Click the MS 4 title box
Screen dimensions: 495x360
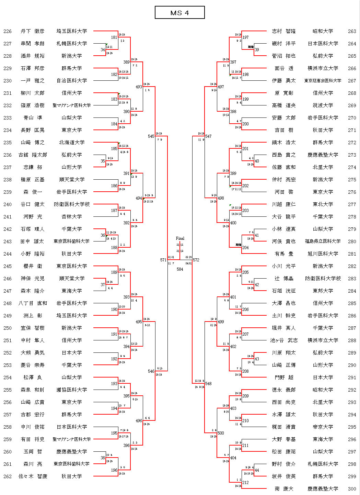click(x=179, y=13)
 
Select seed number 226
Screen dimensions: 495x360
click(x=8, y=31)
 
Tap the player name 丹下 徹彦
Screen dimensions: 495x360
click(x=32, y=31)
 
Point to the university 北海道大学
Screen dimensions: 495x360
click(x=72, y=143)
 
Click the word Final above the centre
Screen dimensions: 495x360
click(x=180, y=238)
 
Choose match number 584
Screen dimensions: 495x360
click(x=180, y=269)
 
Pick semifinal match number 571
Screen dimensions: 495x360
click(x=163, y=260)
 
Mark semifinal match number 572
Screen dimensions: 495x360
click(x=196, y=260)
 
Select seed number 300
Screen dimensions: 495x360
click(x=352, y=489)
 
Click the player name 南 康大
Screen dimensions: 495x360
click(x=284, y=489)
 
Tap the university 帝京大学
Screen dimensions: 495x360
click(x=323, y=427)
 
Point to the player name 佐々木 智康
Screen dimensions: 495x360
click(x=33, y=476)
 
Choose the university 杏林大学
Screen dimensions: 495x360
click(x=72, y=217)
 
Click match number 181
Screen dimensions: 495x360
click(x=114, y=37)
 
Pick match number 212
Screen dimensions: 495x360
click(x=245, y=483)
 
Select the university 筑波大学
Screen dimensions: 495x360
click(x=323, y=105)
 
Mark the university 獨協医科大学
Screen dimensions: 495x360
click(x=72, y=390)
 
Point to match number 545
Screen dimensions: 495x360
click(x=151, y=136)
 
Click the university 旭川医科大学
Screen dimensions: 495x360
click(x=323, y=254)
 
